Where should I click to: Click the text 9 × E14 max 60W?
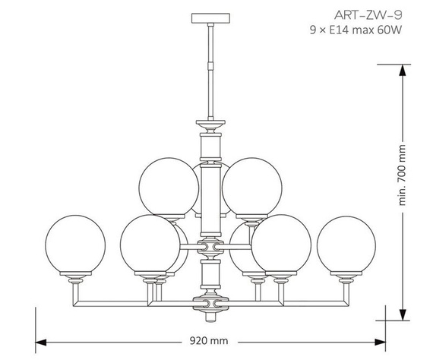pyautogui.click(x=355, y=30)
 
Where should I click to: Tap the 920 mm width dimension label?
pyautogui.click(x=210, y=342)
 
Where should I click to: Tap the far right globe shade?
pyautogui.click(x=346, y=245)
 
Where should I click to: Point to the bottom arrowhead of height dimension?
pyautogui.click(x=403, y=314)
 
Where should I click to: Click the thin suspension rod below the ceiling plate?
pyautogui.click(x=210, y=68)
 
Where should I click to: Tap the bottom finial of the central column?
pyautogui.click(x=210, y=304)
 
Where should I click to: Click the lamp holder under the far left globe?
pyautogui.click(x=75, y=281)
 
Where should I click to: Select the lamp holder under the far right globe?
pyautogui.click(x=346, y=281)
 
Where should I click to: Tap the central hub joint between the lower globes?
pyautogui.click(x=210, y=247)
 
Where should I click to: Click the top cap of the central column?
pyautogui.click(x=210, y=122)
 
